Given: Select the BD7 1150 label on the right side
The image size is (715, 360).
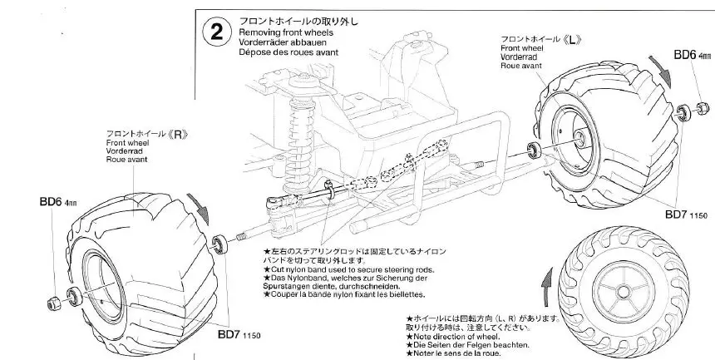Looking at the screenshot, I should [685, 215].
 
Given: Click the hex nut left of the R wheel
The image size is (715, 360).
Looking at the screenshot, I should [52, 300].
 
